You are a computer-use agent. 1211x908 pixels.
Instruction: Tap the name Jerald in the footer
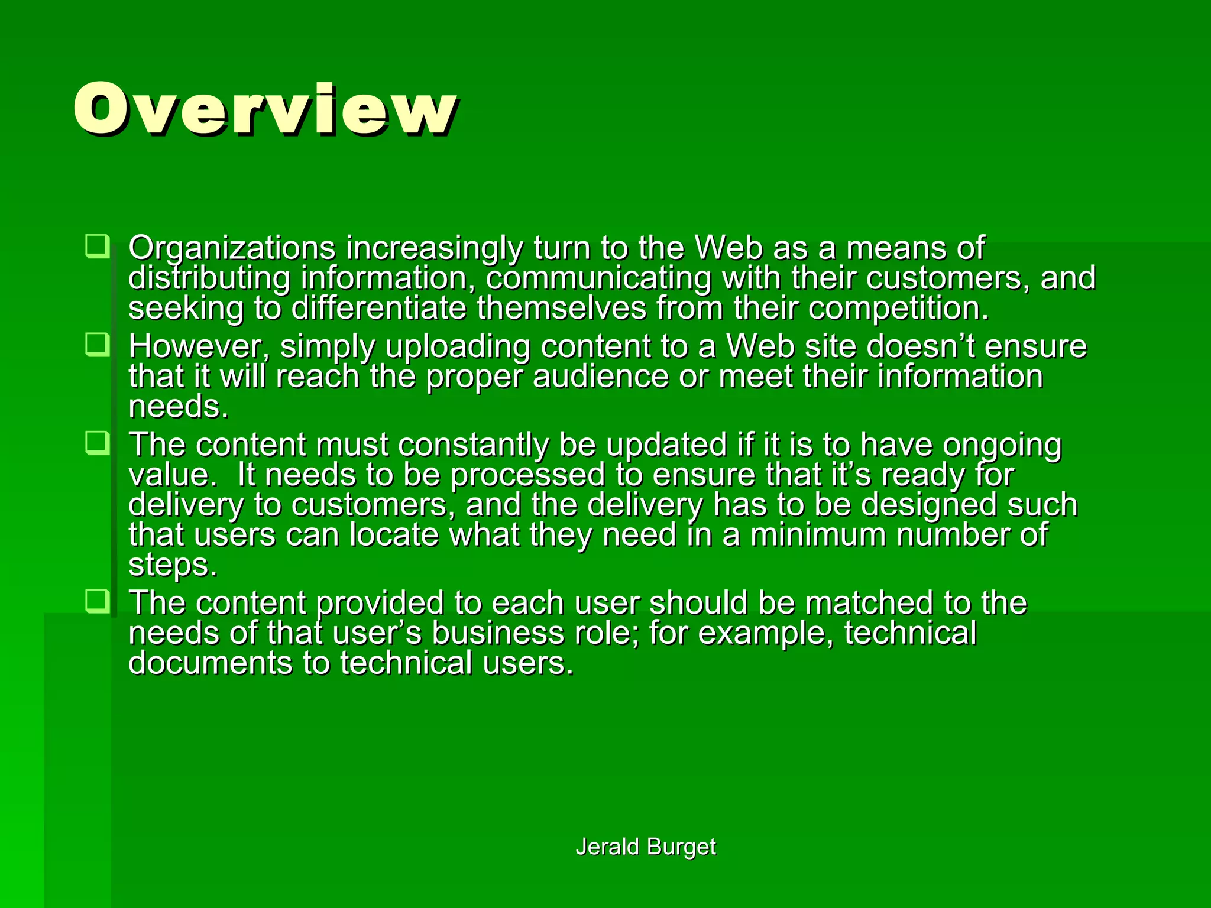607,847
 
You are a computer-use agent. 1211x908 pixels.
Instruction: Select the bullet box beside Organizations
97,246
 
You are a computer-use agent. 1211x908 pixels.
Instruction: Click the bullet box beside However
97,345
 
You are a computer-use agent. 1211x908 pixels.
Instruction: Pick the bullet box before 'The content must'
97,443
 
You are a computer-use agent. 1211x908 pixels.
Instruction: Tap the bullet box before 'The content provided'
97,601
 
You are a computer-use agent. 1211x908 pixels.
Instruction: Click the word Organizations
232,248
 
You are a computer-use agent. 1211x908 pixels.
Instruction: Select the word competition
898,309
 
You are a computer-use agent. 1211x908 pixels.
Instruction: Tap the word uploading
458,348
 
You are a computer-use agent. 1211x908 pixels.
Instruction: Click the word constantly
473,445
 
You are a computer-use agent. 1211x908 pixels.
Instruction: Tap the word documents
210,663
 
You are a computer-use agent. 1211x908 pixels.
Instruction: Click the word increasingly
434,248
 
